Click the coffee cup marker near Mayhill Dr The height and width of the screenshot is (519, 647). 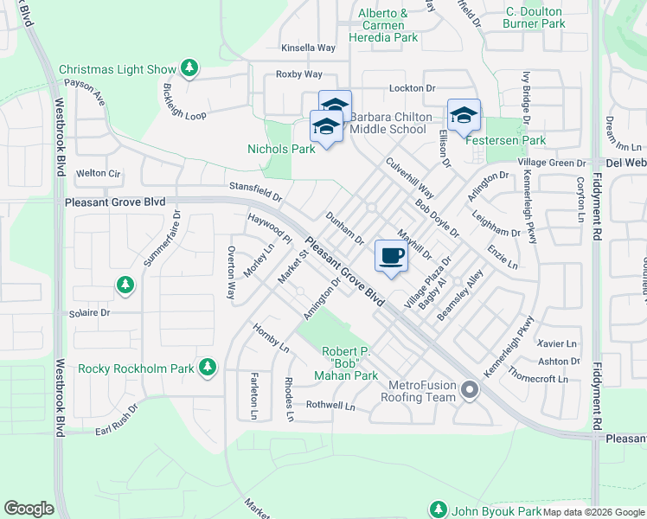pyautogui.click(x=391, y=256)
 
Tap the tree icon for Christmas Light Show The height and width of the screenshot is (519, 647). pyautogui.click(x=189, y=68)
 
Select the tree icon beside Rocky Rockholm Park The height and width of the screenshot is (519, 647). pyautogui.click(x=207, y=368)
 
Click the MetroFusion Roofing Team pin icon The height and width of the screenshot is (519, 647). pyautogui.click(x=470, y=390)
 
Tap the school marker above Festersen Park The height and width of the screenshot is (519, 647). pyautogui.click(x=464, y=115)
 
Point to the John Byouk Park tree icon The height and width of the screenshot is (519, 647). pyautogui.click(x=439, y=509)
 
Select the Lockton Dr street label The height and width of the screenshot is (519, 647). pyautogui.click(x=413, y=88)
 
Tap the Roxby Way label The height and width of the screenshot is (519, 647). pyautogui.click(x=298, y=74)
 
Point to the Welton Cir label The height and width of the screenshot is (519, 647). pyautogui.click(x=97, y=173)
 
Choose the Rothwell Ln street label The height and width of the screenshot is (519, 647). pyautogui.click(x=330, y=404)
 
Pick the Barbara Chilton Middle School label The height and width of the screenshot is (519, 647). pyautogui.click(x=388, y=123)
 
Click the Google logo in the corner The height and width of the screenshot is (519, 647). pyautogui.click(x=29, y=509)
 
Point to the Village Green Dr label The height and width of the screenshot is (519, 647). pyautogui.click(x=552, y=163)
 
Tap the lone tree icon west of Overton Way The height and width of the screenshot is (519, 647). pyautogui.click(x=125, y=284)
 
